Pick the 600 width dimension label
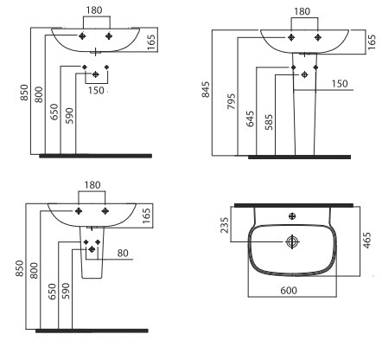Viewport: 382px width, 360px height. pyautogui.click(x=290, y=291)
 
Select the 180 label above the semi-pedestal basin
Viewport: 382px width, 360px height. pyautogui.click(x=92, y=184)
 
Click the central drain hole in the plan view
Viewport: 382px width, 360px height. pyautogui.click(x=292, y=240)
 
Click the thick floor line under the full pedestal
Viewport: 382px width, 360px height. pyautogui.click(x=298, y=157)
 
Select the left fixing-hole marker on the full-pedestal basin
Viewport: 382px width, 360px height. pyautogui.click(x=290, y=39)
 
